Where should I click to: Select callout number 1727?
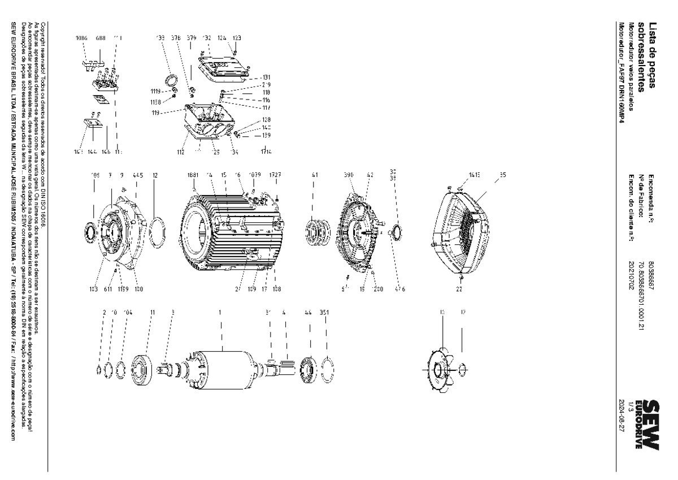click(x=276, y=175)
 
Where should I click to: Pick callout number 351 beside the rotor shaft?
click(x=324, y=312)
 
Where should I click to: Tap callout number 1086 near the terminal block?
click(x=81, y=38)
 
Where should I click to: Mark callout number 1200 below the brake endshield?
click(x=377, y=289)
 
